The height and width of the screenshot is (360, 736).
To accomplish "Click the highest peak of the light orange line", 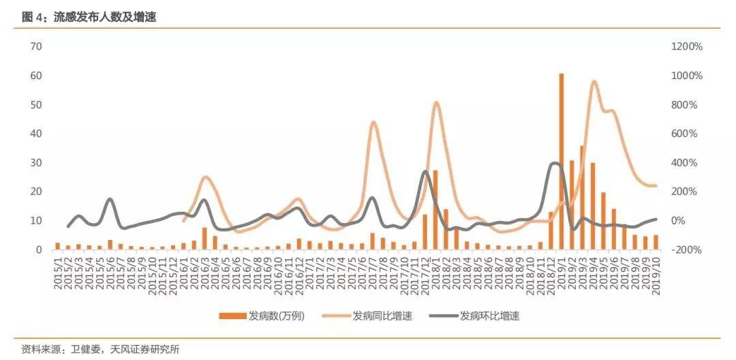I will coord(594,82).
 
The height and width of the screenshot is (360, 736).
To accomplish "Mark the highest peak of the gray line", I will coord(554,163).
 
